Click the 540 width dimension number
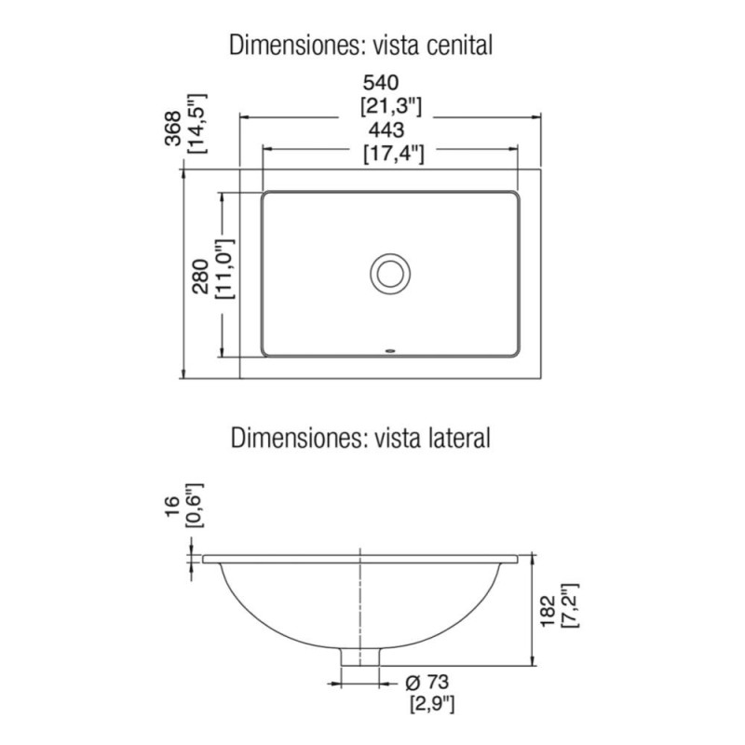(381, 83)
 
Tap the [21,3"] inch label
(390, 106)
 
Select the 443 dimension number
(386, 129)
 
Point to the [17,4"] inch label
(394, 154)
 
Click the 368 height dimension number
(173, 128)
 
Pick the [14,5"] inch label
(197, 123)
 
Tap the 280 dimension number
(201, 276)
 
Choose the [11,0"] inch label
(225, 268)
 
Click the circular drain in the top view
(390, 274)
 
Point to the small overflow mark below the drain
(390, 352)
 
